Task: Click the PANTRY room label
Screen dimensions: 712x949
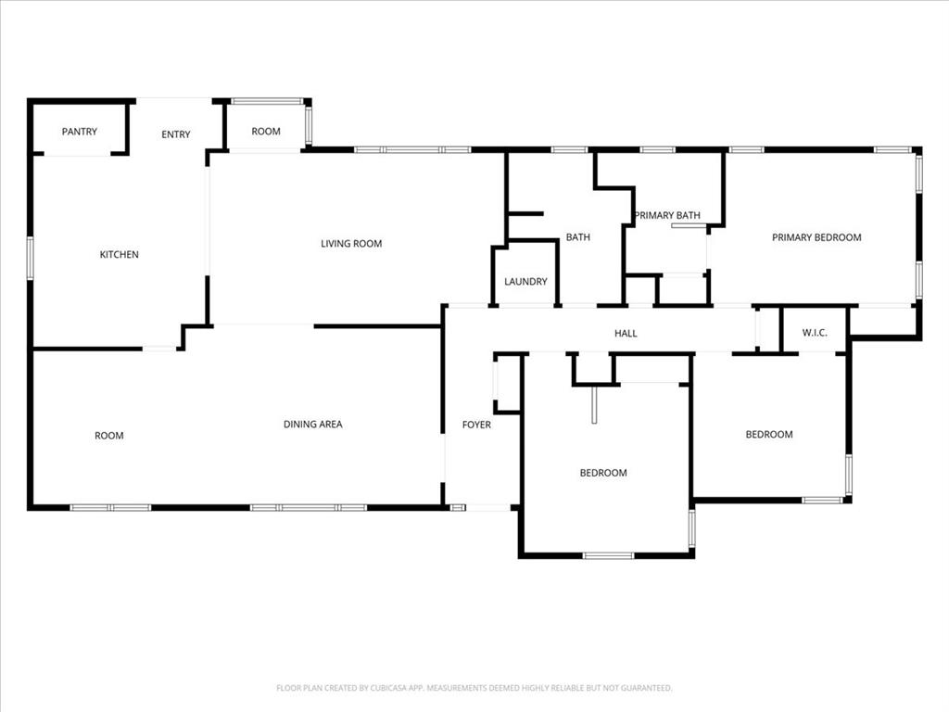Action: [80, 132]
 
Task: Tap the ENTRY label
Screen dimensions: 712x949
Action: [176, 134]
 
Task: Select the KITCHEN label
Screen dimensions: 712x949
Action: [120, 254]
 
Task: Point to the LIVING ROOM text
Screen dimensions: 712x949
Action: [351, 244]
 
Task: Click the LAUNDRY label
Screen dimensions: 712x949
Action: [525, 282]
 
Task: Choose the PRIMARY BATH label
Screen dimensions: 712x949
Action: [667, 216]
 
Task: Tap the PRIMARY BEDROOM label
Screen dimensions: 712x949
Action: [816, 237]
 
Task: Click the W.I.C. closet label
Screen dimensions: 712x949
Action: [815, 333]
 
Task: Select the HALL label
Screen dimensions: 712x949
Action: [626, 334]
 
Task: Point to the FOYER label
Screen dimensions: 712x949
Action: [476, 425]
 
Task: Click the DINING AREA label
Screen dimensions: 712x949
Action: [312, 425]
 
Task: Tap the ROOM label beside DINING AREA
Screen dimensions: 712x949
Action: [109, 436]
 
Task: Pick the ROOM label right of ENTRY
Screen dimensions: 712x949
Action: [266, 132]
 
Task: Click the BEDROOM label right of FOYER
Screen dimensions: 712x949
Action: [603, 473]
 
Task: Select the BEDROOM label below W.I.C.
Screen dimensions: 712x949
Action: [769, 435]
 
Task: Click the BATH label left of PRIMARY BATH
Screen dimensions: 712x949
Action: [578, 237]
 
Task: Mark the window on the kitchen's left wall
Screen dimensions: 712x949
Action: [30, 258]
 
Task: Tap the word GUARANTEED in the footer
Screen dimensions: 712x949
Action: [644, 688]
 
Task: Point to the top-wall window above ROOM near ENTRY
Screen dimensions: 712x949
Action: [267, 100]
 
